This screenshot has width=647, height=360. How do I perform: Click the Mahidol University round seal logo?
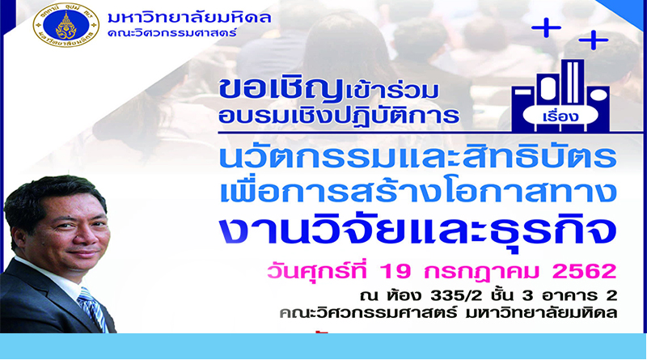pos(66,25)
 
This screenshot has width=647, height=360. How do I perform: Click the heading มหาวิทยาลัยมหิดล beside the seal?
pos(189,18)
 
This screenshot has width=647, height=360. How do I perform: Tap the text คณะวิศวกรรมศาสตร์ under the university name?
pos(172,32)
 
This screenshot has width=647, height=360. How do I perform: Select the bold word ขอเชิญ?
pos(281,89)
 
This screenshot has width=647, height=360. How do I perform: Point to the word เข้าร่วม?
pos(391,91)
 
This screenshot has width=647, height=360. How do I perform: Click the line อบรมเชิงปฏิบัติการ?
pos(339,116)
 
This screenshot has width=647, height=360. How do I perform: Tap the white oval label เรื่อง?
pos(560,116)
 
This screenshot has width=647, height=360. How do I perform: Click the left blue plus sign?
pos(546,28)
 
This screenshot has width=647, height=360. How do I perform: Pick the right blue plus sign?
pos(594,40)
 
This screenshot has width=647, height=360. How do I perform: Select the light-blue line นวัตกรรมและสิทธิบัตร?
pos(417,156)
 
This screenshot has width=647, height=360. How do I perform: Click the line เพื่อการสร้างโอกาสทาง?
pos(418,192)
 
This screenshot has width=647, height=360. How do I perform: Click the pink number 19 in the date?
pos(395,272)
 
